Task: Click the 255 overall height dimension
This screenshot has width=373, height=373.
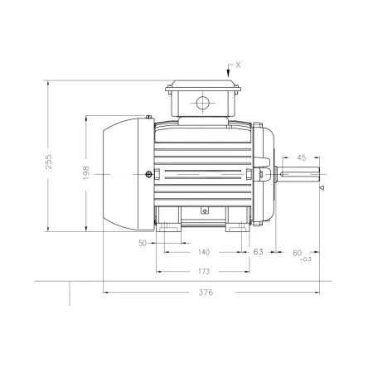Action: point(49,162)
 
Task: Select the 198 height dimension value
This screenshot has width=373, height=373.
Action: point(86,172)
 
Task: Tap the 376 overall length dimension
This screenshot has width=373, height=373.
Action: point(206,293)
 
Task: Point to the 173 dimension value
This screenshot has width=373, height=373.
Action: point(204,272)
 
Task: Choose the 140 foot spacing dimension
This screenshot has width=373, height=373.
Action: point(204,252)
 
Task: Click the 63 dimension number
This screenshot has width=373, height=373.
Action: point(258,252)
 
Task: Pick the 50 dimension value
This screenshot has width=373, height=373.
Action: point(143,243)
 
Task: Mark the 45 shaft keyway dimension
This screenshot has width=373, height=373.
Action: point(302,157)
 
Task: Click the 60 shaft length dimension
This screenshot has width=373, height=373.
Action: point(298,253)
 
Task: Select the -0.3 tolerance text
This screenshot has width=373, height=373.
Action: point(306,259)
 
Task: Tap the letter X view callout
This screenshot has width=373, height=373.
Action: point(238,65)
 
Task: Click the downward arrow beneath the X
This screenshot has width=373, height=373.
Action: point(228,71)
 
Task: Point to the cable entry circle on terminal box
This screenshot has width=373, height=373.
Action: point(203,103)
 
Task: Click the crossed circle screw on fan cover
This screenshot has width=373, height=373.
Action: point(148,174)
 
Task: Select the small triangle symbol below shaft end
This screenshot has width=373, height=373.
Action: point(322,188)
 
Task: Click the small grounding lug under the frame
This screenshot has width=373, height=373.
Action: point(205,211)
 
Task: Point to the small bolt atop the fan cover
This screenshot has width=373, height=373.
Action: point(149,117)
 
